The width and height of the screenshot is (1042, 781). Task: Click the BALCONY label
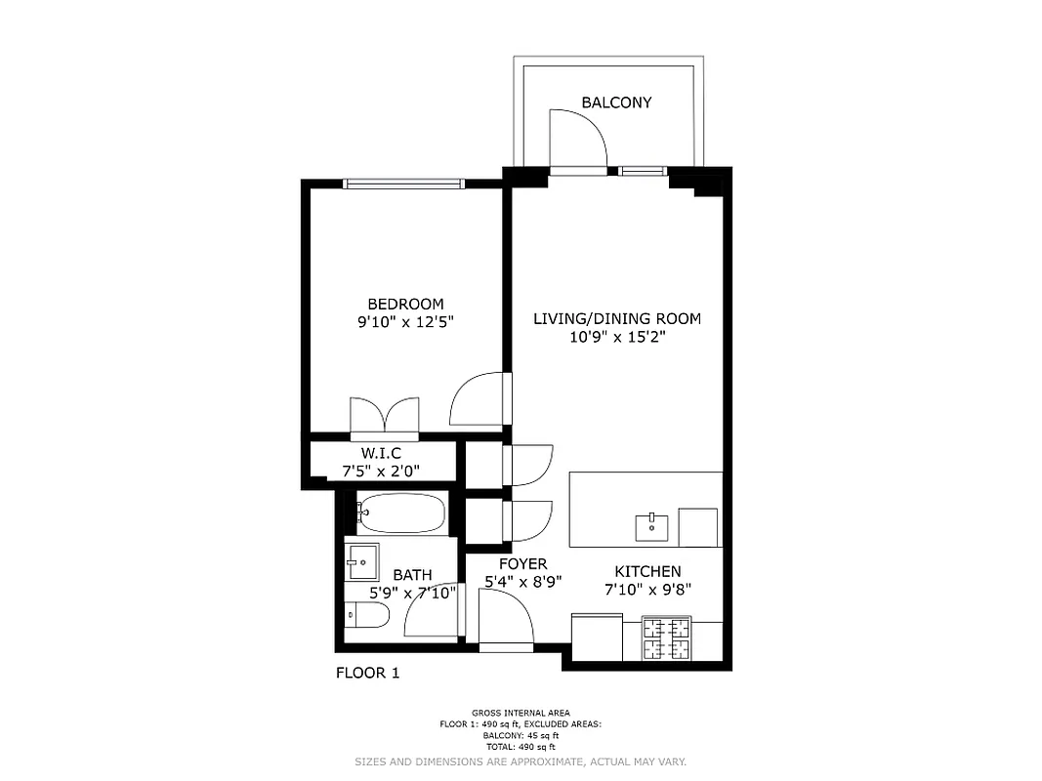click(616, 103)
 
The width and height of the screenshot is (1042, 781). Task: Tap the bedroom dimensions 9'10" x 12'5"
click(405, 321)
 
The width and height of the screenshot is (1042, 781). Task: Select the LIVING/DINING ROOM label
click(616, 319)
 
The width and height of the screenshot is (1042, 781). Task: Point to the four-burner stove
click(666, 639)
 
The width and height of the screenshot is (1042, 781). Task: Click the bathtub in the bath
click(401, 513)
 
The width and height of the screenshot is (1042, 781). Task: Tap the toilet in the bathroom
click(367, 616)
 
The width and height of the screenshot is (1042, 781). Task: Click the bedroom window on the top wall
click(402, 183)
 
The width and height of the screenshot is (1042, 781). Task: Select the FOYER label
click(522, 564)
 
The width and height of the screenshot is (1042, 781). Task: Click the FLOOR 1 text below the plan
click(367, 673)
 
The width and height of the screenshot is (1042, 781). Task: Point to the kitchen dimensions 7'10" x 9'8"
click(647, 589)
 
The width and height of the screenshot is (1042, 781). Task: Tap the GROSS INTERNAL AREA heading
click(521, 713)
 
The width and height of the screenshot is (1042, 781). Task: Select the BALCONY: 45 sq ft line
click(521, 735)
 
